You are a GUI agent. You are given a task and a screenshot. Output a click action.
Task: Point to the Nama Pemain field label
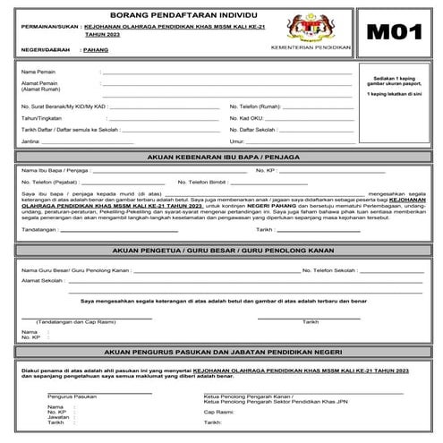click(x=37, y=71)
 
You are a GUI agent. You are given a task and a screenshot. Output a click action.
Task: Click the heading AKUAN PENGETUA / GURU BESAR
click(x=221, y=253)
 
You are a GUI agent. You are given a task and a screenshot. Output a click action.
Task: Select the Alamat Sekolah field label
click(x=40, y=280)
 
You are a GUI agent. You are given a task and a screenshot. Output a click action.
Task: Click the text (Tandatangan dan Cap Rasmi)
click(x=71, y=321)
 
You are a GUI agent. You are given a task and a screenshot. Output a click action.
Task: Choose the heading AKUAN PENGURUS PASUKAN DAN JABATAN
click(x=221, y=353)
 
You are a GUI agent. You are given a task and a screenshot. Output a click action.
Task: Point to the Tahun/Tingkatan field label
click(x=41, y=117)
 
